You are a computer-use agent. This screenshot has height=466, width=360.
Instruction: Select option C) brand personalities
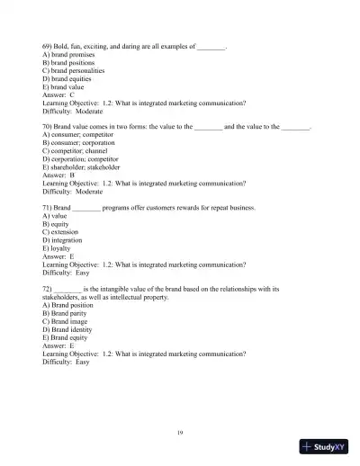pos(73,69)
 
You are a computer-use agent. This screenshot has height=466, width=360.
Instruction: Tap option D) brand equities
pos(67,77)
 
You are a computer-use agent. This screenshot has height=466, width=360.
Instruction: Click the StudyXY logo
pos(326,447)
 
